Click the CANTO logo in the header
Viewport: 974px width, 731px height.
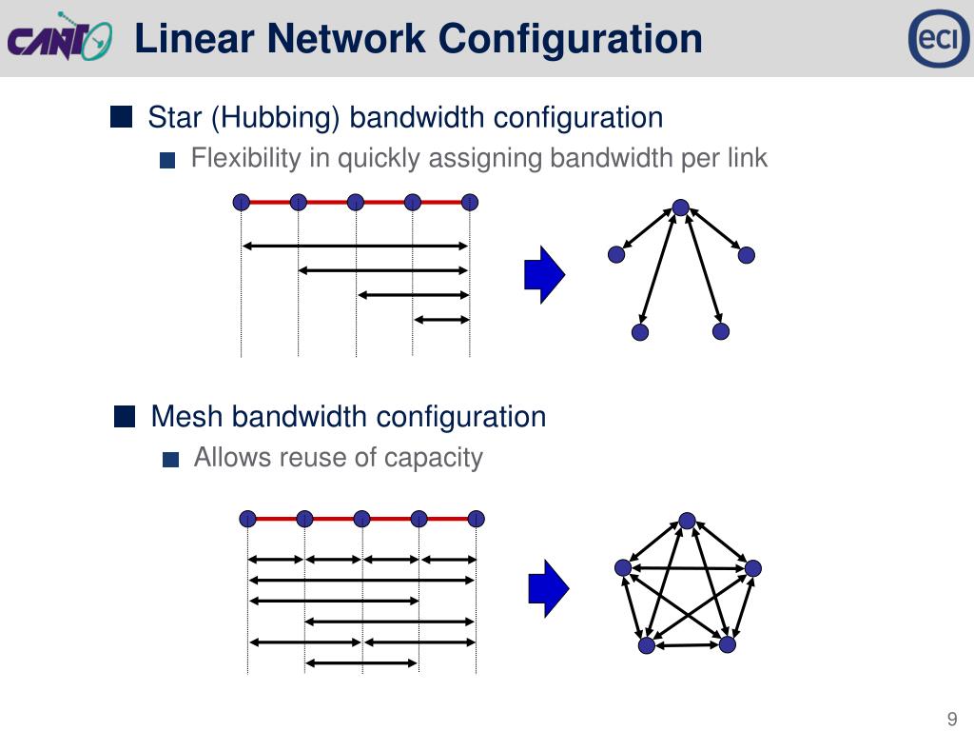[60, 39]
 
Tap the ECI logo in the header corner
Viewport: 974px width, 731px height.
[938, 39]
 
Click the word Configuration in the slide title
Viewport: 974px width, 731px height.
[571, 39]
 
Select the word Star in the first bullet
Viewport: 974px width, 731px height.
[175, 118]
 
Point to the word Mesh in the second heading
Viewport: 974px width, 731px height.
[187, 417]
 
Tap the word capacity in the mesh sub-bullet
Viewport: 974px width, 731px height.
[433, 458]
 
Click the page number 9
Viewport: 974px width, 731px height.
[951, 720]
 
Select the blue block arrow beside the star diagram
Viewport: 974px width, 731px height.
[545, 275]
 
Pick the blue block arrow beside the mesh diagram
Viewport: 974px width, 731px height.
[548, 587]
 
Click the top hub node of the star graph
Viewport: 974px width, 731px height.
[680, 207]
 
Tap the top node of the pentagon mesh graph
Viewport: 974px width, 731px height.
[688, 522]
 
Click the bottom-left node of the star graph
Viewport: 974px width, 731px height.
[640, 332]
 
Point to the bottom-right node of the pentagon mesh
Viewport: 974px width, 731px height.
[728, 644]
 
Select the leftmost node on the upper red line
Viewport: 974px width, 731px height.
[242, 202]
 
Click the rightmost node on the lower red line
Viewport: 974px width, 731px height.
[477, 519]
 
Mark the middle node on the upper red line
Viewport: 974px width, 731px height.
[356, 202]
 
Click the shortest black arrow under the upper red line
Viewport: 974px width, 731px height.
[441, 319]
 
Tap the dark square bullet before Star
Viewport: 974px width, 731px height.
[121, 117]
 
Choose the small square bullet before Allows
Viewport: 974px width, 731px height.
[170, 460]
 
